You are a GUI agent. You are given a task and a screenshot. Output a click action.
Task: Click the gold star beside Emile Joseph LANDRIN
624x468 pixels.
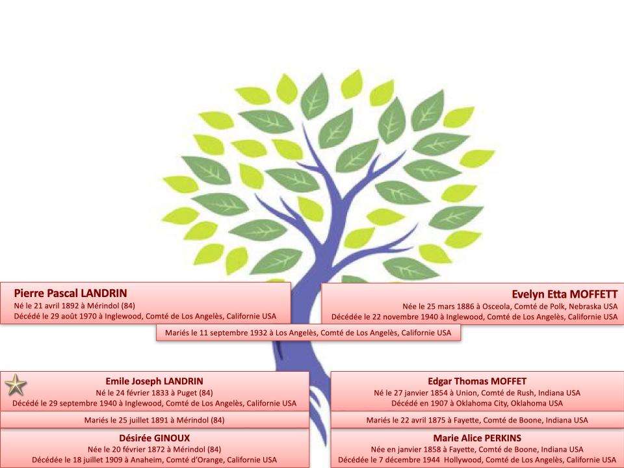coord(16,385)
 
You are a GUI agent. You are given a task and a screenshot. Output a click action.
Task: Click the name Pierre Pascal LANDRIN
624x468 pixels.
coord(70,293)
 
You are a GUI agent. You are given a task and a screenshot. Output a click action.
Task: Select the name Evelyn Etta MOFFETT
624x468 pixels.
coord(565,294)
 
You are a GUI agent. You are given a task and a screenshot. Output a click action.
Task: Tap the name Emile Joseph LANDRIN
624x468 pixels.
coord(155,382)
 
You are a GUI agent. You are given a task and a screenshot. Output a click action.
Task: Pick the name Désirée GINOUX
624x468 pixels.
coord(155,438)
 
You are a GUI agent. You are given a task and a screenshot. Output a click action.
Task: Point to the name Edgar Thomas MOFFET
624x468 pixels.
coord(477,382)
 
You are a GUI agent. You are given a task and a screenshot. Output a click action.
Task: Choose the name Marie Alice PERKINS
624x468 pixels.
coord(477,438)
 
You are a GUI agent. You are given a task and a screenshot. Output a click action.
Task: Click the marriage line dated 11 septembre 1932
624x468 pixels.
coord(308,333)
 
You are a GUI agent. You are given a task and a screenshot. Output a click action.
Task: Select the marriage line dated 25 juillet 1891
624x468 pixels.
coord(155,420)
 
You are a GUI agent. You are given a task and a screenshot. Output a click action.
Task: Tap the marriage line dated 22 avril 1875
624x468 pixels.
coord(477,420)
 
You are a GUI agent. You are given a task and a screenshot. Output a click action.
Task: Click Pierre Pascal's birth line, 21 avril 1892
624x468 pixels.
coord(74,305)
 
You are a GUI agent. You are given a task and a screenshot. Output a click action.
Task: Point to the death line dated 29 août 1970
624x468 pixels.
coord(145,317)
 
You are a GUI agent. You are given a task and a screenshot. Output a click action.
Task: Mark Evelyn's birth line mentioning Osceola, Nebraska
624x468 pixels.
coord(510,306)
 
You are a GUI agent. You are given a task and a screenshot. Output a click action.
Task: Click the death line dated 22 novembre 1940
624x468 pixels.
coord(474,317)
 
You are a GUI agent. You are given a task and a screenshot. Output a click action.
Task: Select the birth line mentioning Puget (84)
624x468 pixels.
coord(155,393)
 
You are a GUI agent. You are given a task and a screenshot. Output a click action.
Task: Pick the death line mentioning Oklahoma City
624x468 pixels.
coord(477,403)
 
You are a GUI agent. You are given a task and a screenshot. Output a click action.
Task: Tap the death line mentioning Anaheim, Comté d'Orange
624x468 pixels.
coord(155,460)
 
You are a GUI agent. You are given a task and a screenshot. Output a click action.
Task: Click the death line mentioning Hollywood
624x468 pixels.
coord(477,460)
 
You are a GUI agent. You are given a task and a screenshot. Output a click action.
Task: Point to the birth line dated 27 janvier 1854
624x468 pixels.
coord(477,393)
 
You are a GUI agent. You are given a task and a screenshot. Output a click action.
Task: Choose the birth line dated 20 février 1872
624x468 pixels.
coord(155,449)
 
